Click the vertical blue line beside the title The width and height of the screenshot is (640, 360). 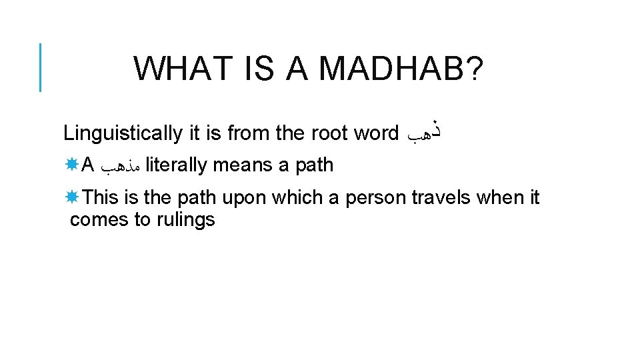tap(40, 67)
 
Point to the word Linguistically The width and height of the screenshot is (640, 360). tap(122, 134)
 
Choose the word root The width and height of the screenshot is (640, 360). tap(330, 133)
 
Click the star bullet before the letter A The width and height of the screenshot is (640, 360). tap(71, 164)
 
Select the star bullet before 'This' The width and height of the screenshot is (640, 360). tap(71, 197)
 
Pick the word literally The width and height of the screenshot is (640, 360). tap(175, 165)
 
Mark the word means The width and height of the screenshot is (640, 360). tap(244, 165)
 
